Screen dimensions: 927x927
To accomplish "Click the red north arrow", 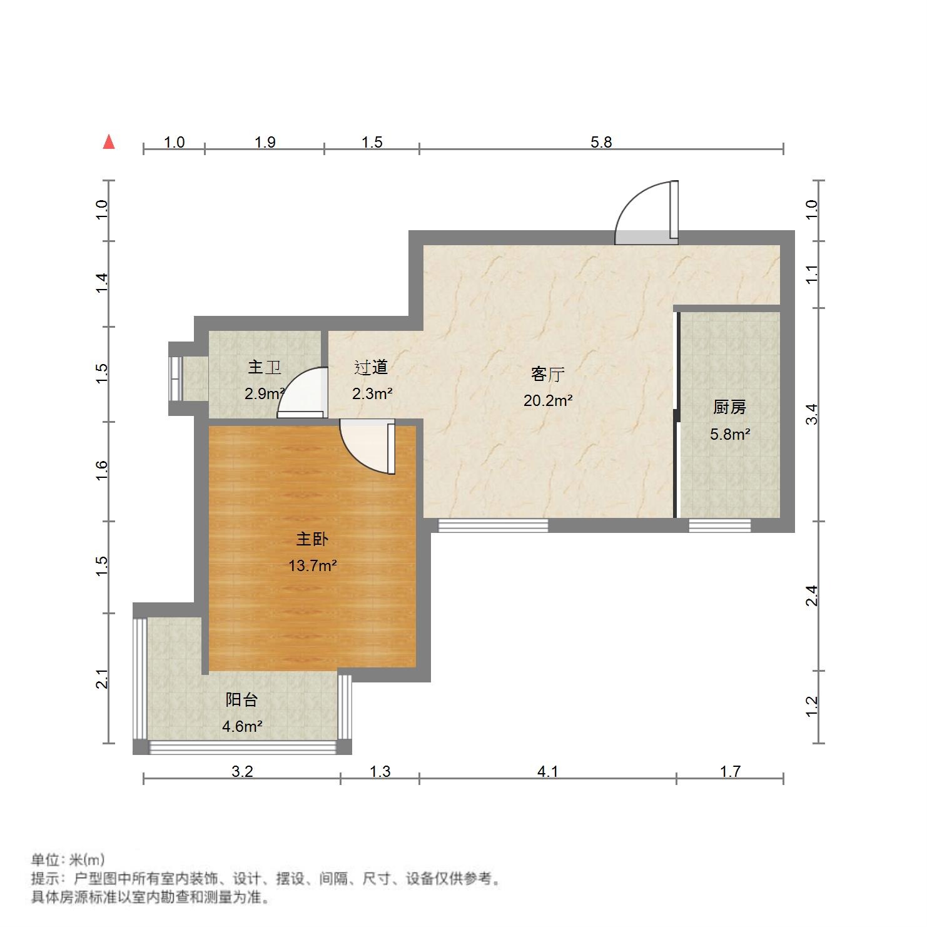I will coord(109,142).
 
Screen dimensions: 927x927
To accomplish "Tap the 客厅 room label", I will coord(548,374).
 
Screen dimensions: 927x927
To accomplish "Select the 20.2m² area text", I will coord(548,400).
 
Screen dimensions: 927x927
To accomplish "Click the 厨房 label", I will coord(729,407).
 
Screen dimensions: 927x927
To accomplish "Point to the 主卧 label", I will coord(312,539).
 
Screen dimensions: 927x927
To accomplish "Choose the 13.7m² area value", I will coord(312,566).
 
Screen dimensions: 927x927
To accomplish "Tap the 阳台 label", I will coord(241,699).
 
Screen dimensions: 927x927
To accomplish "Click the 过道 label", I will coord(371,367).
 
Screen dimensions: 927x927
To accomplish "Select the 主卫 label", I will coord(264,367).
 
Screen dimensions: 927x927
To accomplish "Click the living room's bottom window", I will coord(493,525).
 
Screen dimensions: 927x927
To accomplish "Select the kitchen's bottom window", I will coord(719,525).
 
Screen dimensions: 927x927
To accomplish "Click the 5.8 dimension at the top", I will coord(601,142).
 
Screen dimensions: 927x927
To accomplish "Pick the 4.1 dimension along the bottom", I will coord(547,771).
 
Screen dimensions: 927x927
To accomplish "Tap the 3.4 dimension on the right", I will coord(811,414).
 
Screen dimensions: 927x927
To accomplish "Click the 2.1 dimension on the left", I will coord(102,679).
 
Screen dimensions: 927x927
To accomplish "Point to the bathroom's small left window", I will coord(176,378).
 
